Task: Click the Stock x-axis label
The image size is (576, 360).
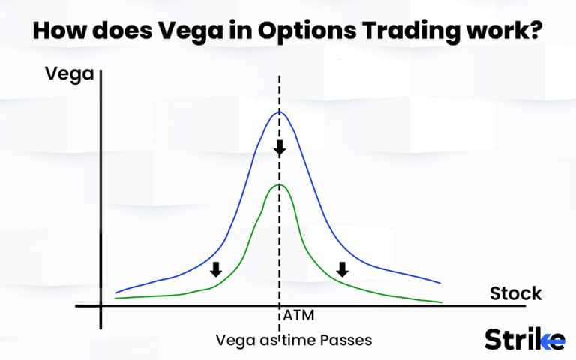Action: click(516, 292)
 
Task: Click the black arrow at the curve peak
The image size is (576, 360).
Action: click(280, 148)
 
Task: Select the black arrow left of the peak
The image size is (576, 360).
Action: click(217, 269)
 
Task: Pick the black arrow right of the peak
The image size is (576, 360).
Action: click(343, 269)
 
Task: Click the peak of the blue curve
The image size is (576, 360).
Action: click(280, 112)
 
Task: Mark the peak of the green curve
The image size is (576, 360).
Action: click(280, 184)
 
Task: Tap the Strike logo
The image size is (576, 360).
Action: click(524, 339)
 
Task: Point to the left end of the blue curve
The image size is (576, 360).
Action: click(116, 292)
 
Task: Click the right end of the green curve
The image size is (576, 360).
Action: click(441, 302)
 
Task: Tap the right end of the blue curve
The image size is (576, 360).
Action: click(439, 283)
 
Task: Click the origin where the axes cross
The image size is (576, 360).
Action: click(100, 306)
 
